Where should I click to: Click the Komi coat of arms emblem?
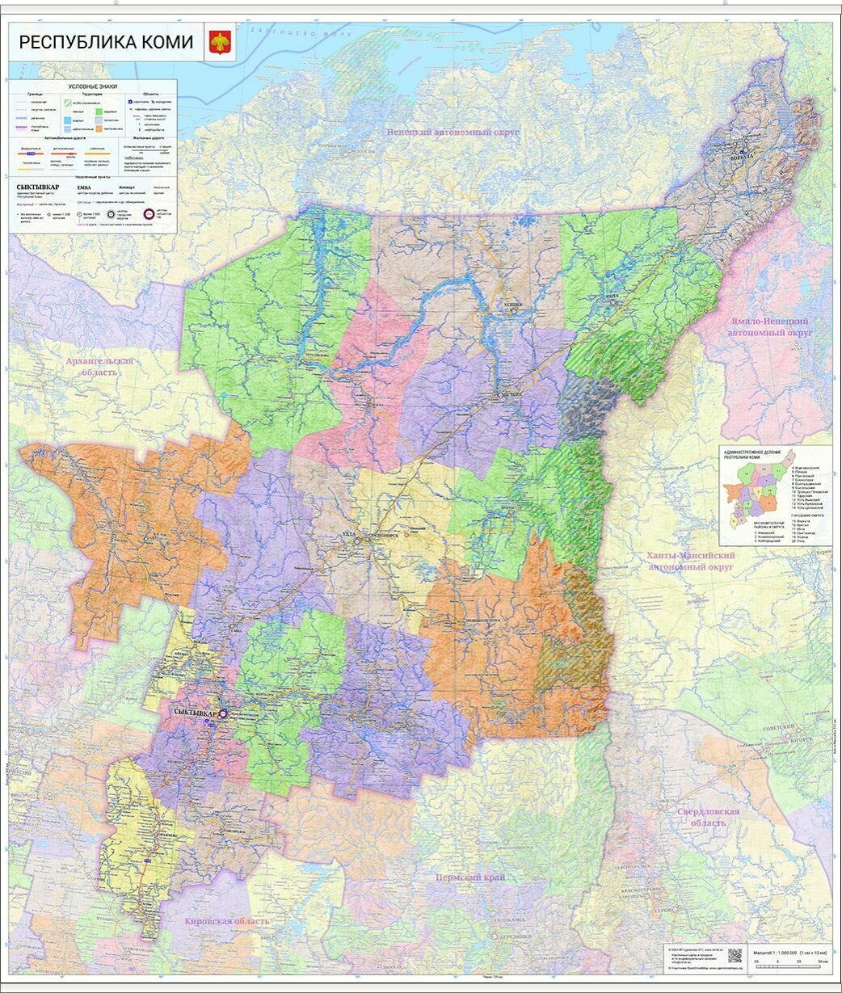(219, 42)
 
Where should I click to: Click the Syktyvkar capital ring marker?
(224, 714)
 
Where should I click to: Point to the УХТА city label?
(349, 534)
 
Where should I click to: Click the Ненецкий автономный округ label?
(452, 132)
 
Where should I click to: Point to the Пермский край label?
(469, 877)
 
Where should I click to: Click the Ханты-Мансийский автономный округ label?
(690, 562)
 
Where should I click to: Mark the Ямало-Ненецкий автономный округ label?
(769, 326)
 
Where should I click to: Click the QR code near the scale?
(734, 955)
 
